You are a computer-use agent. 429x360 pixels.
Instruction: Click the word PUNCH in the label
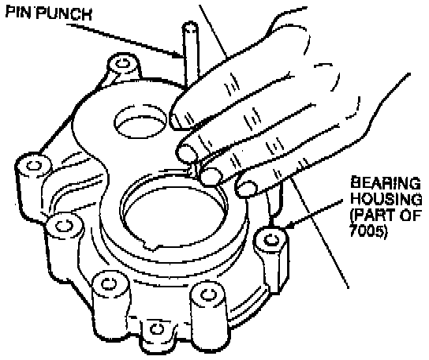(64, 13)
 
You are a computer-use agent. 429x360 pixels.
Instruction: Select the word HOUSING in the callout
(386, 199)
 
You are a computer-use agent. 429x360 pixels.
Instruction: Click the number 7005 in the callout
(367, 231)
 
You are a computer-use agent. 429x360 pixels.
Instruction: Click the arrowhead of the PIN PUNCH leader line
(178, 55)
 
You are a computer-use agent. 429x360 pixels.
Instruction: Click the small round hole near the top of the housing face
(140, 121)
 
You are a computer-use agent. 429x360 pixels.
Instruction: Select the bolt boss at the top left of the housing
(122, 64)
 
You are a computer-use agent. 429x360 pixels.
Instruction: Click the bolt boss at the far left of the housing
(33, 165)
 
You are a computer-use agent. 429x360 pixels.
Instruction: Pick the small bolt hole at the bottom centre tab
(157, 328)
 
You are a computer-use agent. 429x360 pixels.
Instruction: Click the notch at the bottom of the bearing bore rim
(151, 246)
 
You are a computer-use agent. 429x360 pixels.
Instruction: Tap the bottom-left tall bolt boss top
(110, 283)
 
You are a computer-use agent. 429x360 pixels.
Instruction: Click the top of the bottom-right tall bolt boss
(208, 295)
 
